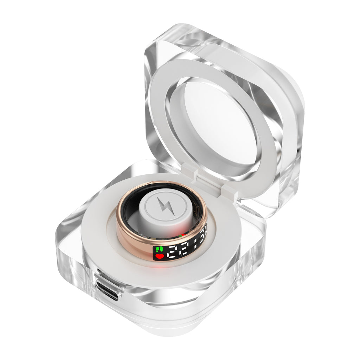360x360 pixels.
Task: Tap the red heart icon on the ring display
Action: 160,256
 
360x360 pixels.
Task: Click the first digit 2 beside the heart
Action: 172,251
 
